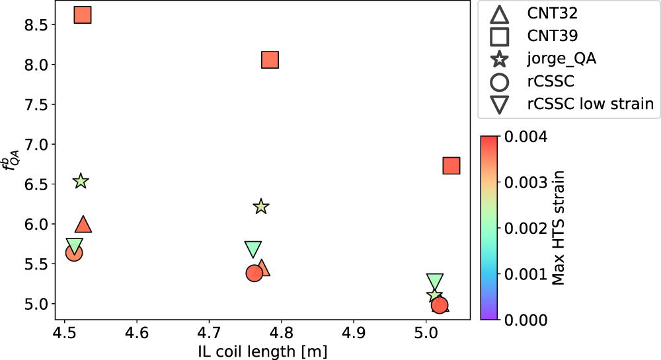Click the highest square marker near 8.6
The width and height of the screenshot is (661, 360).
83,15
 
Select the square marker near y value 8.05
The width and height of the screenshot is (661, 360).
270,60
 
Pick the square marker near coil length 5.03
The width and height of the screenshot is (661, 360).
451,165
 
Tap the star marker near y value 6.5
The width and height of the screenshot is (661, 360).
81,181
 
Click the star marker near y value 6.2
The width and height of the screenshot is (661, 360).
261,207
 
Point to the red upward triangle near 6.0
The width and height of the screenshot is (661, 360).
83,225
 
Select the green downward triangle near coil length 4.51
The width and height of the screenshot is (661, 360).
75,246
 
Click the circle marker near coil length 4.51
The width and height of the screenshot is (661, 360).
74,253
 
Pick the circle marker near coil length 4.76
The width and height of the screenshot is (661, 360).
254,273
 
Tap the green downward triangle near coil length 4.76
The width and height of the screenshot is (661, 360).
253,248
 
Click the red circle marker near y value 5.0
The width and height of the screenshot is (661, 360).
440,305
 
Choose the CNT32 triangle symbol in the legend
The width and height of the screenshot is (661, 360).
500,13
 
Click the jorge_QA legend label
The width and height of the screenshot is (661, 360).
561,58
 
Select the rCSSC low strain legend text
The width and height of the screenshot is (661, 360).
590,104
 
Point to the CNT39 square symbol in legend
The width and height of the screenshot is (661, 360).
500,36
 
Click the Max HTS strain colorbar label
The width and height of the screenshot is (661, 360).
559,228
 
